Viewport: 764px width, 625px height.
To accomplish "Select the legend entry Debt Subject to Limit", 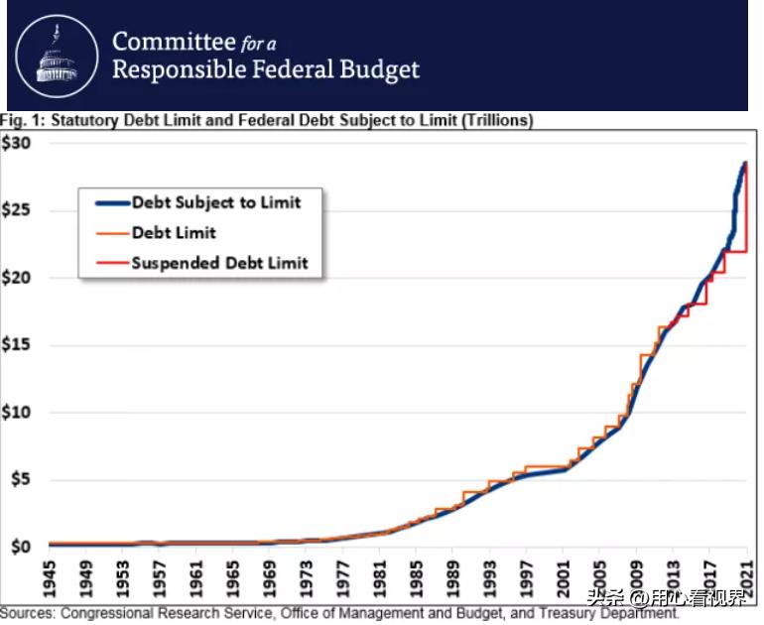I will tap(215, 202).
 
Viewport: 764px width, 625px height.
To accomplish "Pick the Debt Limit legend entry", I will tap(174, 232).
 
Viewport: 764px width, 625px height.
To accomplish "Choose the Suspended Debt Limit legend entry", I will tap(219, 263).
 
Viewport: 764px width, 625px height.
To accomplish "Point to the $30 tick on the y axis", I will tap(17, 143).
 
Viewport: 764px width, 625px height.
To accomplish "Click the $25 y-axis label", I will tap(17, 210).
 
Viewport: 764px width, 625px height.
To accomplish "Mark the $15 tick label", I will tap(17, 345).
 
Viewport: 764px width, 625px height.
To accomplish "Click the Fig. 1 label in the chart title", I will tap(21, 121).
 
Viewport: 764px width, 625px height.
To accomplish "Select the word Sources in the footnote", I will tap(27, 613).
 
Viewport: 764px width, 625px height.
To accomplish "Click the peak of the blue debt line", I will tap(744, 164).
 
